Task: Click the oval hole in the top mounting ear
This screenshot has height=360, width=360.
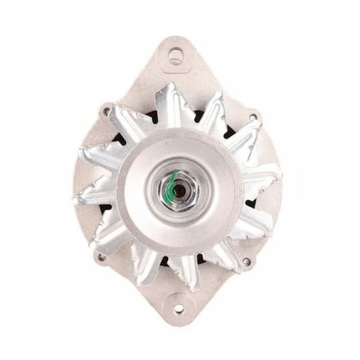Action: click(177, 56)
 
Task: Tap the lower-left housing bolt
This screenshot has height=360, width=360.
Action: click(102, 257)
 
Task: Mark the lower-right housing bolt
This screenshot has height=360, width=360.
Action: click(246, 262)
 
